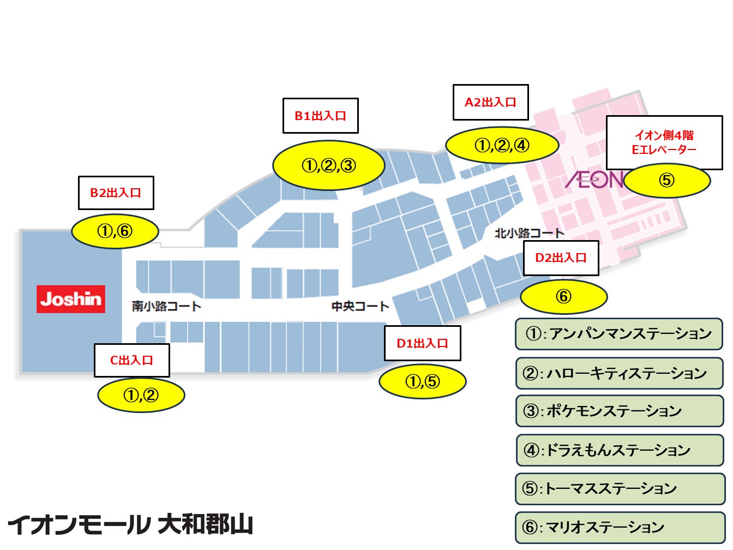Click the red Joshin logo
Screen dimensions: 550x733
[x=71, y=299]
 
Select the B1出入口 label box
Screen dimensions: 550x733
[x=320, y=116]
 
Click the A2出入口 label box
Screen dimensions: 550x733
[x=490, y=102]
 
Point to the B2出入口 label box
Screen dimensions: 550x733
[x=116, y=193]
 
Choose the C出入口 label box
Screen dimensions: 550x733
[x=131, y=360]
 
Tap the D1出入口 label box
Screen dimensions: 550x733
[x=422, y=343]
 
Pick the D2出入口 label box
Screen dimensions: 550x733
[x=561, y=258]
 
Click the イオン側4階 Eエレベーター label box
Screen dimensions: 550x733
[x=664, y=142]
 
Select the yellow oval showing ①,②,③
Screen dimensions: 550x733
[x=328, y=165]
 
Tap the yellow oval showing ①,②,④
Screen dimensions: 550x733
[x=502, y=146]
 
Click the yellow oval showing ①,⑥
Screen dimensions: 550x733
[x=115, y=231]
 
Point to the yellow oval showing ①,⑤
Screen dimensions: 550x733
[x=422, y=381]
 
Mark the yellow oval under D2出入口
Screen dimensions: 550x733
[x=563, y=296]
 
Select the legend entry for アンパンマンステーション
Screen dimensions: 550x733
[x=618, y=333]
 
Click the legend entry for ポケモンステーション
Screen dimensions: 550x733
[x=618, y=411]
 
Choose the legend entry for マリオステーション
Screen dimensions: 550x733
[x=618, y=527]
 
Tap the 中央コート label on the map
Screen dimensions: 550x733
[x=360, y=306]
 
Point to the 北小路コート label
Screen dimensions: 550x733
[x=529, y=233]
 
